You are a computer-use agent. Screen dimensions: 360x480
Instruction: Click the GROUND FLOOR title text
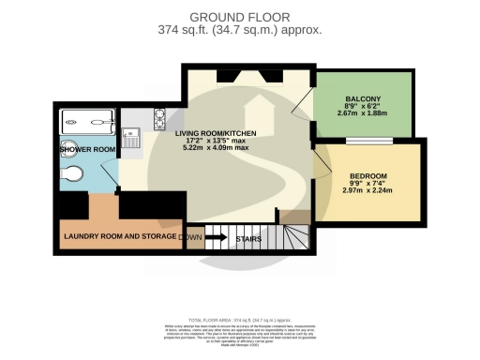pyautogui.click(x=240, y=16)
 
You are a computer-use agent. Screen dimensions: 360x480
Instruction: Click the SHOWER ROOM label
pyautogui.click(x=87, y=150)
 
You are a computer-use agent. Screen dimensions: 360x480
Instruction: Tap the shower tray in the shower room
pyautogui.click(x=87, y=123)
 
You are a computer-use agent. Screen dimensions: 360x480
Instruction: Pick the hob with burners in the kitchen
pyautogui.click(x=159, y=117)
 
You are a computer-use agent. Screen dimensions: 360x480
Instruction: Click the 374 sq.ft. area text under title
pyautogui.click(x=240, y=30)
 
